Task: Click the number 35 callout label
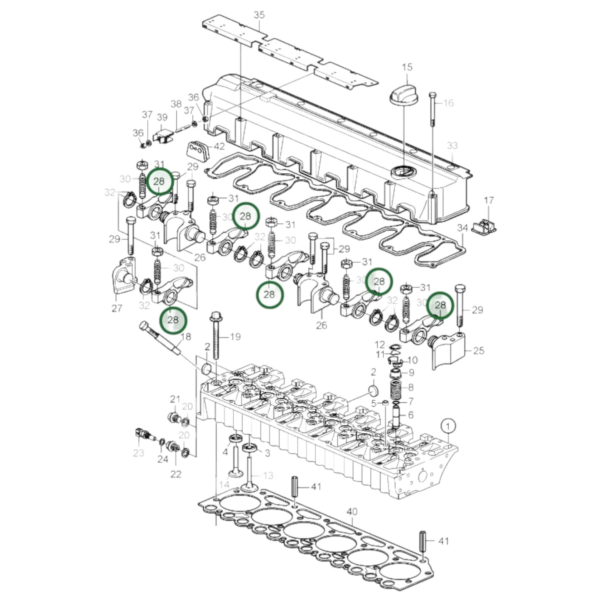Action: coord(259,15)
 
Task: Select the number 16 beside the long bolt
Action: coord(448,103)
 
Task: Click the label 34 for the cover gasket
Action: coord(463,228)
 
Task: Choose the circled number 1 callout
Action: coord(448,426)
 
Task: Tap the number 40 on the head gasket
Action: coord(352,511)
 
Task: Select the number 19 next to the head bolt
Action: coord(235,336)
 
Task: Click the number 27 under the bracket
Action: coord(117,308)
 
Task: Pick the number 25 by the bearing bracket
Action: coord(479,350)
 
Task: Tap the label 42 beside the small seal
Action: coord(219,147)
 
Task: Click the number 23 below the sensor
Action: coord(139,453)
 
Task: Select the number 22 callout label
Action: coord(176,474)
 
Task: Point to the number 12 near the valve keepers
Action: coord(380,345)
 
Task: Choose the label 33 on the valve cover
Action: coord(452,145)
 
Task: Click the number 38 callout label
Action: coord(176,104)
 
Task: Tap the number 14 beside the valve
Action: coord(225,485)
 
